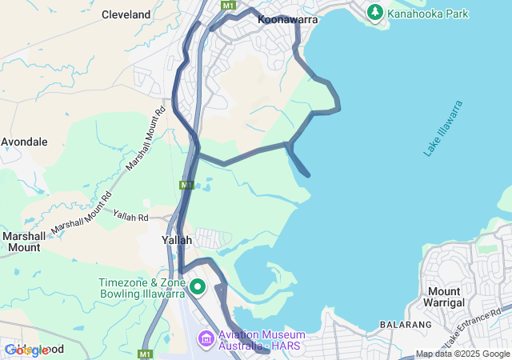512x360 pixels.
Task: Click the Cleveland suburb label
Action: (126, 14)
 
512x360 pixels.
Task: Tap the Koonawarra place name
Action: (288, 19)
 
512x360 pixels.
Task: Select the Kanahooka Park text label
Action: (428, 14)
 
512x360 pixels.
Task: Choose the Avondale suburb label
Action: (24, 142)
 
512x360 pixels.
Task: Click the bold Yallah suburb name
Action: (177, 240)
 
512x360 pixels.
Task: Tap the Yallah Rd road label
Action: (131, 216)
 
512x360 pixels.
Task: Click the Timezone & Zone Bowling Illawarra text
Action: (141, 288)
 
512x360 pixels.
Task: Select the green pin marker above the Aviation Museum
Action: (197, 286)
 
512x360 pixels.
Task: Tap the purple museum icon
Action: (206, 339)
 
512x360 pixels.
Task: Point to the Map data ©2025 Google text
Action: (462, 354)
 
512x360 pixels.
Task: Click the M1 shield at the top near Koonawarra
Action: (230, 5)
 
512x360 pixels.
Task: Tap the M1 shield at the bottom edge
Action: (145, 354)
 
